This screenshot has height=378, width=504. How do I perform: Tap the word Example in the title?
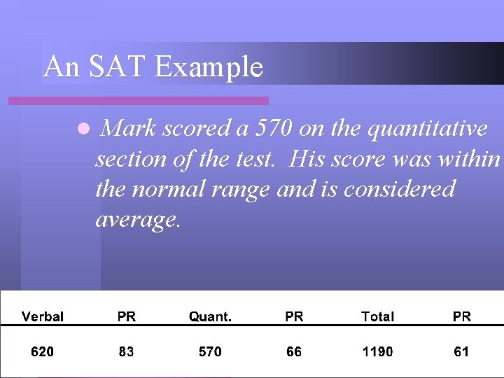coord(209,68)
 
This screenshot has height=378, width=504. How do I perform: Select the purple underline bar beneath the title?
coord(138,101)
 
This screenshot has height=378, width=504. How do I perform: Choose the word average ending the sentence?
coord(137,220)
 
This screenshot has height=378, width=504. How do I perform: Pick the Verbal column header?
coord(43,316)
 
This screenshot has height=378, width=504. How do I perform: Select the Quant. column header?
coord(210,316)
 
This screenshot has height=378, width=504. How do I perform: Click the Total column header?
coord(377,316)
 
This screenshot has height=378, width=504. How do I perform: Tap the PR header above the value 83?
coord(127,316)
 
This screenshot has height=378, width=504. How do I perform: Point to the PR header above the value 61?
coord(462,316)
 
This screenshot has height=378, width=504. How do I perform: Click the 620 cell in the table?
coord(42,351)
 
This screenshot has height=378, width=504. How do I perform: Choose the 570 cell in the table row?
coord(210,351)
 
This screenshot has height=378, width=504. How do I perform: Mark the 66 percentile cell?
coord(294,351)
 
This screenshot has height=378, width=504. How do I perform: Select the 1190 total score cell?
coord(377,351)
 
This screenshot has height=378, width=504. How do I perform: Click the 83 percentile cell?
coord(126,351)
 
